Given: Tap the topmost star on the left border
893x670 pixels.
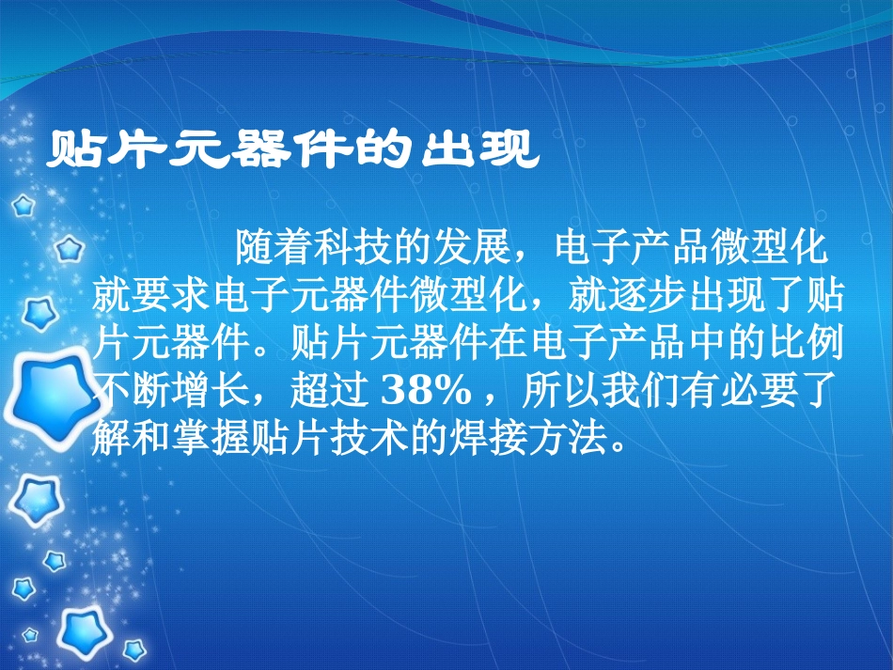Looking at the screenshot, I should (x=23, y=205).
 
